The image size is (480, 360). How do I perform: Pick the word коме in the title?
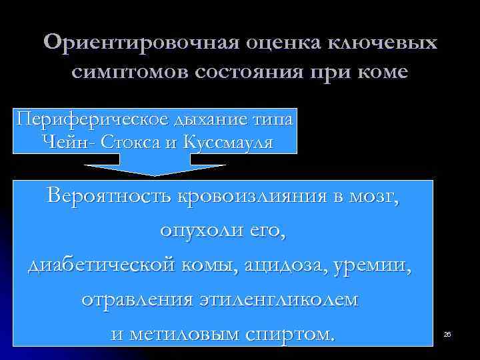pyautogui.click(x=377, y=71)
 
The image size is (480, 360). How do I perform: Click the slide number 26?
pyautogui.click(x=447, y=333)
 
